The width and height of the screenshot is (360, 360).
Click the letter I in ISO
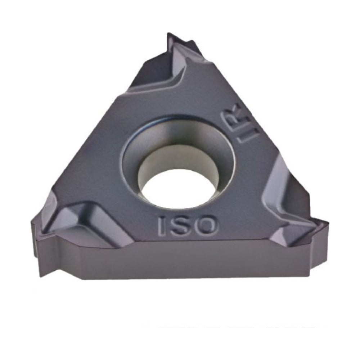click(x=161, y=226)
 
